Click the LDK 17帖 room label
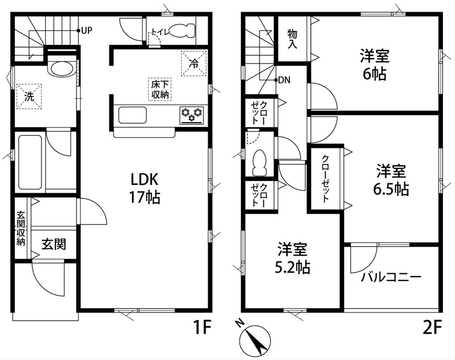pyautogui.click(x=145, y=188)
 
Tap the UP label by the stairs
pyautogui.click(x=87, y=30)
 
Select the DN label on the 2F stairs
pyautogui.click(x=284, y=80)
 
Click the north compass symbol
pyautogui.click(x=255, y=338)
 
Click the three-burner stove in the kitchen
pyautogui.click(x=192, y=115)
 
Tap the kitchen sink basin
pyautogui.click(x=133, y=115)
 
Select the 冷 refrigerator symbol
pyautogui.click(x=194, y=63)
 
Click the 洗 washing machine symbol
pyautogui.click(x=29, y=97)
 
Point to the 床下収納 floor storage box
pyautogui.click(x=160, y=89)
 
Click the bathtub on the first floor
pyautogui.click(x=30, y=162)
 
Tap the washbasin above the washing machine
pyautogui.click(x=62, y=68)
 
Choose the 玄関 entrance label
pyautogui.click(x=54, y=244)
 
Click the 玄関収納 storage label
pyautogui.click(x=20, y=228)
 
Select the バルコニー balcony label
pyautogui.click(x=391, y=277)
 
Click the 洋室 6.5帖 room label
pyautogui.click(x=391, y=180)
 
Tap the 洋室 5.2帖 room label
pyautogui.click(x=292, y=258)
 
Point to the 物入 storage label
pyautogui.click(x=292, y=39)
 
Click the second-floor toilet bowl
pyautogui.click(x=260, y=162)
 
